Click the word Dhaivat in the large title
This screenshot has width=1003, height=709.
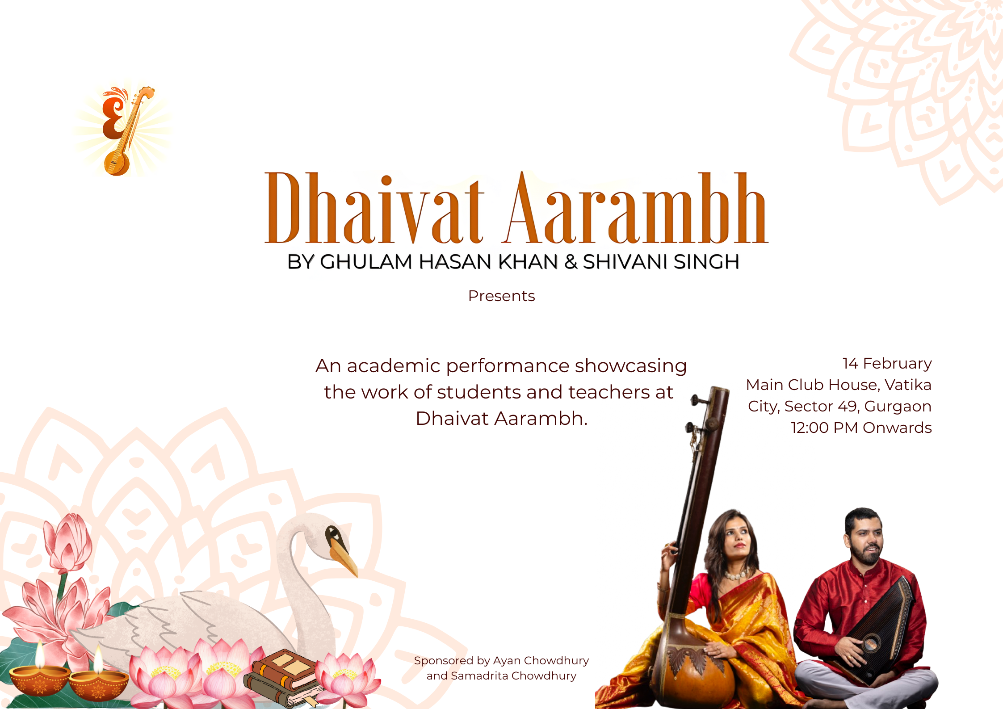coord(374,208)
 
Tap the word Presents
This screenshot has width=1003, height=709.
coord(501,296)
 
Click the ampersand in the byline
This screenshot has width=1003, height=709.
coord(571,262)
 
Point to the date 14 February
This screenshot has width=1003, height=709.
coord(887,364)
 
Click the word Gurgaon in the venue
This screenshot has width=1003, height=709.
coord(898,407)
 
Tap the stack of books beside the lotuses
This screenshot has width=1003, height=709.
coord(281,677)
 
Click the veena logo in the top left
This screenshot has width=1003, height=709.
coord(123,130)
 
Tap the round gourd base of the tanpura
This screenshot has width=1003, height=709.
coord(692,670)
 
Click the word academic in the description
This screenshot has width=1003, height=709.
coord(394,366)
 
